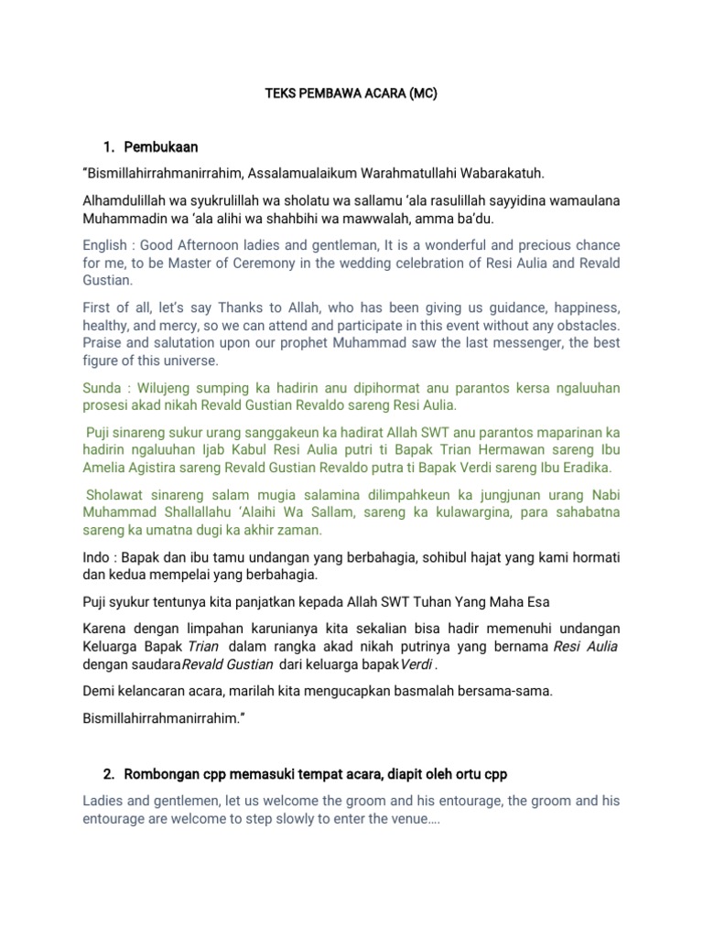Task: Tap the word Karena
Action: pos(106,628)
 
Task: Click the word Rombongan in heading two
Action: pos(166,774)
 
